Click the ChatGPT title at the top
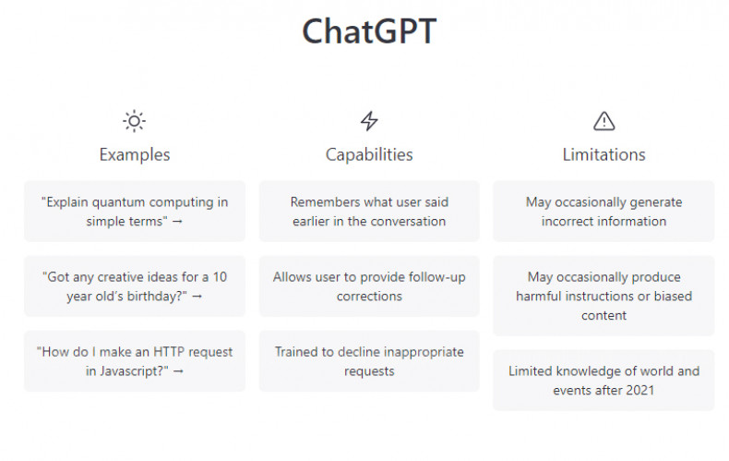pos(369,31)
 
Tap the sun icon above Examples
pos(135,121)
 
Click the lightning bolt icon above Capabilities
pos(369,121)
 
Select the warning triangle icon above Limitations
pos(604,121)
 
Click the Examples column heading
pos(135,154)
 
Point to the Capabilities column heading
pos(369,154)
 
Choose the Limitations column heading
pos(604,154)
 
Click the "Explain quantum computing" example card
pos(135,211)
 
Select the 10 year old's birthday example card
pos(135,285)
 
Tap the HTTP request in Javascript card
pos(135,361)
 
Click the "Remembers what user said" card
pos(369,211)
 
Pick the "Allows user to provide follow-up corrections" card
pos(369,285)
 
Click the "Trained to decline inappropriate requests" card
pos(369,361)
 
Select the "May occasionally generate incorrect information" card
pos(604,211)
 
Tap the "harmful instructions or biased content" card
pos(604,296)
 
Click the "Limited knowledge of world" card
pos(604,380)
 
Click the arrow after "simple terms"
pos(177,222)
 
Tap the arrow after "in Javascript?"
pos(178,371)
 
